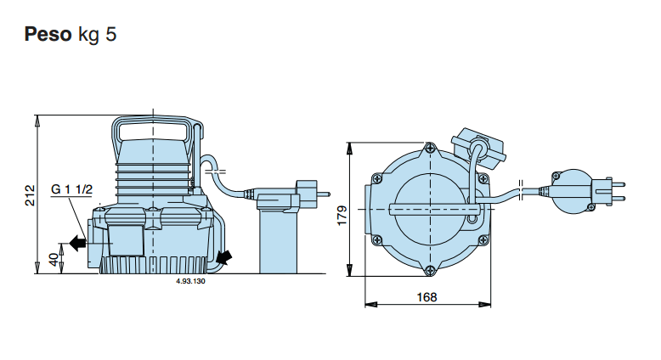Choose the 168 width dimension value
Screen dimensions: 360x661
(x=427, y=296)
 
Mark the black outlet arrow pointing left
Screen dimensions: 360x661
(x=77, y=244)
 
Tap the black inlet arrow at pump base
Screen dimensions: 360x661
(x=224, y=256)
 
